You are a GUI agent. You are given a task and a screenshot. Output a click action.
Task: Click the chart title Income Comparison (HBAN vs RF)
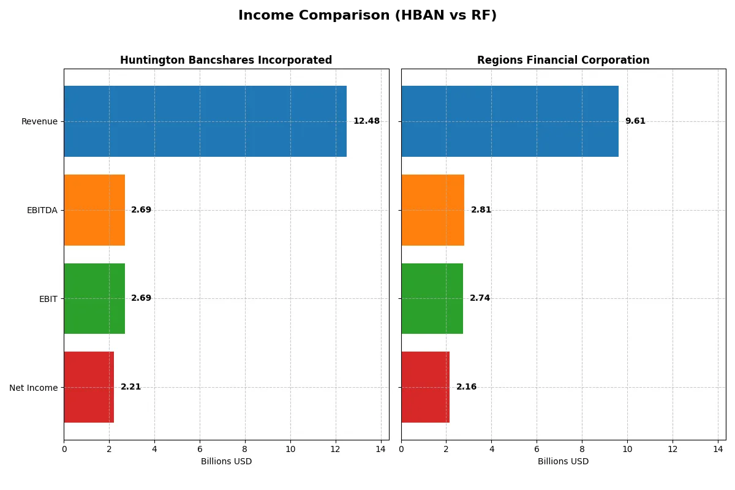367,16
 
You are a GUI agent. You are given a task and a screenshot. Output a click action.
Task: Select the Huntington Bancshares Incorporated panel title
226,61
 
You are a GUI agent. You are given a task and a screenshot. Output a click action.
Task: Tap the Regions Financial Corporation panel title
563,61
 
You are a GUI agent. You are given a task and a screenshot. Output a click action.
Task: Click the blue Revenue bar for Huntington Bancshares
205,121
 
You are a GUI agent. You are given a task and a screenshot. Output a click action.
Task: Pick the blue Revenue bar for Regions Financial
510,121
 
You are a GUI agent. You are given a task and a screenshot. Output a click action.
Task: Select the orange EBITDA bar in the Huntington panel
94,210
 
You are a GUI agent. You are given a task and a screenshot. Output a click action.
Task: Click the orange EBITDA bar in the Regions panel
432,210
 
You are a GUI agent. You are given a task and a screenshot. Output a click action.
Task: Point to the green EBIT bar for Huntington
94,298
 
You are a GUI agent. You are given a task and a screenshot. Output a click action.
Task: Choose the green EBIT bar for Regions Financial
432,298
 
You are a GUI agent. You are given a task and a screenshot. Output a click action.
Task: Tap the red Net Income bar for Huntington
89,387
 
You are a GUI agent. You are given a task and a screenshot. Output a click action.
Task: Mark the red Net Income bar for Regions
425,387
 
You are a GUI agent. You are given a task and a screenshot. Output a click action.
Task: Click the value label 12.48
366,121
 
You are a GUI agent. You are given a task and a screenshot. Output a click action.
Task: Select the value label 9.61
635,121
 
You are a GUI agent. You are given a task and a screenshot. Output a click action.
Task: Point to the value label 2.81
481,210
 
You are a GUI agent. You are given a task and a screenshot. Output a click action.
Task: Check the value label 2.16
466,387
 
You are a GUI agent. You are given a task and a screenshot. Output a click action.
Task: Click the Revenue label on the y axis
39,121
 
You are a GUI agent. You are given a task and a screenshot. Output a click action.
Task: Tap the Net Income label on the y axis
34,388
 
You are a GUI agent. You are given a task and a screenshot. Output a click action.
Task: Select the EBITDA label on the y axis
42,210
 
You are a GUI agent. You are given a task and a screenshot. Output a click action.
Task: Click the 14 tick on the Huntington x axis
381,449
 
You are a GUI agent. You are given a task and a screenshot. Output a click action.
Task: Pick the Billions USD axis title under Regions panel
563,462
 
